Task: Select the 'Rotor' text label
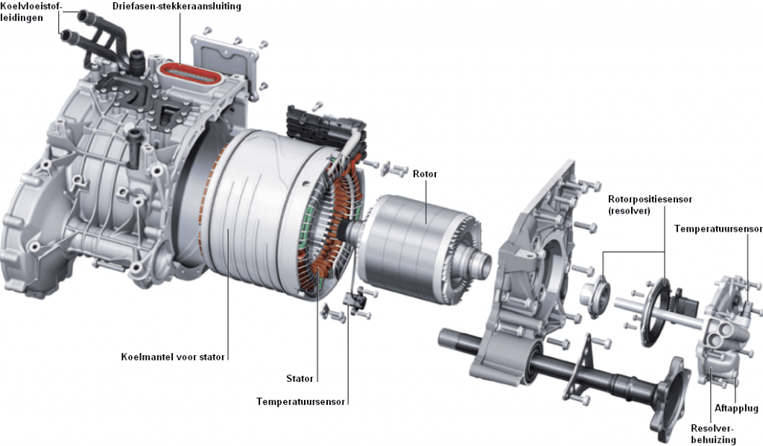coord(425,174)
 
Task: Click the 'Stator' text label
coord(300,378)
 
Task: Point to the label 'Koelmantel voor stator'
coord(172,357)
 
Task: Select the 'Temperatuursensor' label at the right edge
coord(718,229)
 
